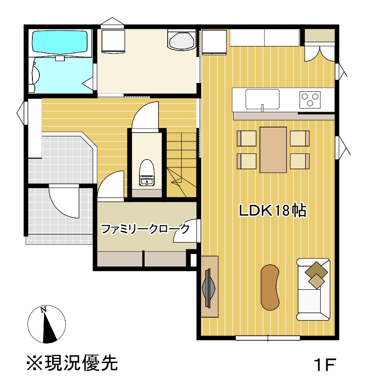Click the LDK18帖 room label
point(272,210)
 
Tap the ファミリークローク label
point(146,229)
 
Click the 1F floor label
point(324,364)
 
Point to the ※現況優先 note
point(72,363)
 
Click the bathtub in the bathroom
point(60,42)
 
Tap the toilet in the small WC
point(147,172)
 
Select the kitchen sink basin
point(262,99)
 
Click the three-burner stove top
point(310,100)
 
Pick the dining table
point(273,150)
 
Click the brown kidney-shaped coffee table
point(270,287)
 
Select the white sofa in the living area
point(313,289)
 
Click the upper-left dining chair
point(247,138)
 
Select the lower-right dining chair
point(299,161)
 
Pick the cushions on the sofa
point(316,275)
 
